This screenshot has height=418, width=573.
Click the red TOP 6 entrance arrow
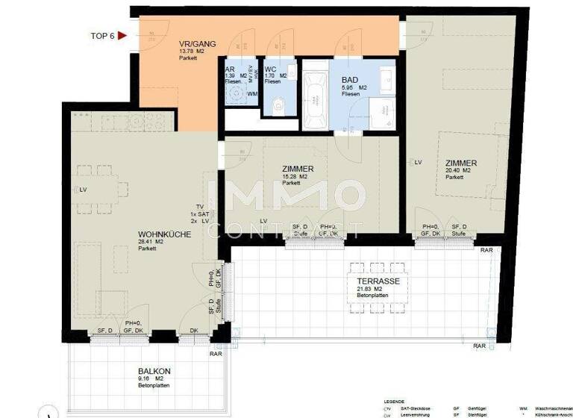(122, 34)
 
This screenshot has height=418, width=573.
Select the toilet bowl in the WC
(277, 104)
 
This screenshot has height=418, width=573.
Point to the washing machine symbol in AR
(237, 96)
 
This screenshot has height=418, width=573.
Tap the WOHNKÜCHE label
(159, 234)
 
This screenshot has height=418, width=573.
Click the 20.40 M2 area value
(457, 171)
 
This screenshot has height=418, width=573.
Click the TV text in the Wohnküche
(198, 206)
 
